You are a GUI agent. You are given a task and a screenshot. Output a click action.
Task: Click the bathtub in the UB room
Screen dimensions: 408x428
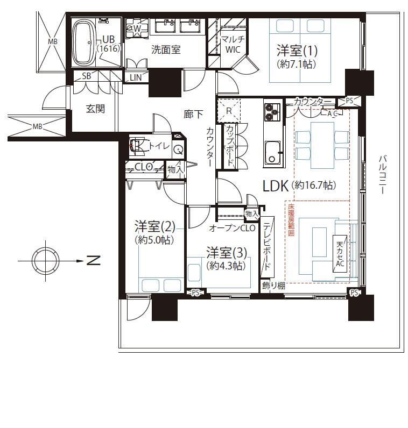click(83, 42)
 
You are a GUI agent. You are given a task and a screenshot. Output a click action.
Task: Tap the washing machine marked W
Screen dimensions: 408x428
click(137, 27)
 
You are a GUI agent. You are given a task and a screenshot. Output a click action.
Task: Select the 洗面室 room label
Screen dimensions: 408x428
click(166, 49)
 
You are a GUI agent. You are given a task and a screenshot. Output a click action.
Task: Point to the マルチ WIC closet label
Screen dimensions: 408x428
click(233, 45)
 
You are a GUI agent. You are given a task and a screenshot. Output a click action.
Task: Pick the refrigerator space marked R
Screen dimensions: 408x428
click(229, 111)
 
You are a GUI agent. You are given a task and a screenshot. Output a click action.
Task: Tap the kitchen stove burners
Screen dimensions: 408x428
click(272, 112)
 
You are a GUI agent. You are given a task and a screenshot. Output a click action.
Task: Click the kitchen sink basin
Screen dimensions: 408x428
click(273, 153)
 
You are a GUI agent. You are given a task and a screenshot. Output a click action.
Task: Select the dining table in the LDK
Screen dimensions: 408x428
click(322, 145)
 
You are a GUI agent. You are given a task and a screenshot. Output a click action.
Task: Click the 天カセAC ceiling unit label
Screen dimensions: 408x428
click(340, 254)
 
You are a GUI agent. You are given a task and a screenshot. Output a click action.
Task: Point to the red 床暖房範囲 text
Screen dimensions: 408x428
click(291, 220)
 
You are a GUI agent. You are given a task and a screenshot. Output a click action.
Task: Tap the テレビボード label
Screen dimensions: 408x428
click(268, 246)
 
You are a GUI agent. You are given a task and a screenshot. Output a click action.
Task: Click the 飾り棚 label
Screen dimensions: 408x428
click(274, 286)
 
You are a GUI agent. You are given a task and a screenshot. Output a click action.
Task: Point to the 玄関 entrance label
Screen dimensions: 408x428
click(95, 109)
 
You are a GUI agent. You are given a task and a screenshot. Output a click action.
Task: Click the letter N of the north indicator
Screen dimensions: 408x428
click(94, 260)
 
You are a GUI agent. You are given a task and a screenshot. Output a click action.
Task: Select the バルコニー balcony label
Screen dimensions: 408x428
click(383, 174)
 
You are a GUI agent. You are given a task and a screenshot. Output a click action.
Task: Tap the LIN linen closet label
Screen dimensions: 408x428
click(136, 77)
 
